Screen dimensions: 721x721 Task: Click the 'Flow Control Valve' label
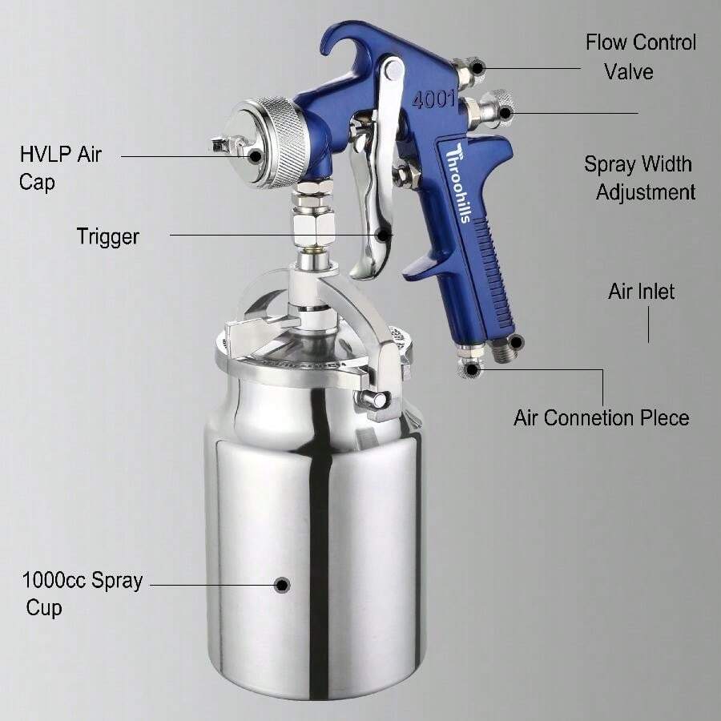(640, 57)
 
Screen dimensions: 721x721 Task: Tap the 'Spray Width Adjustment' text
(638, 178)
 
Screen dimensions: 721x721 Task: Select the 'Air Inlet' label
(641, 291)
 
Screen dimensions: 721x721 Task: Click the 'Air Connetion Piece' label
(601, 417)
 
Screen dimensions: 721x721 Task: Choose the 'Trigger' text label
(107, 236)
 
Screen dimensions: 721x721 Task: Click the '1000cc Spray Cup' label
(82, 594)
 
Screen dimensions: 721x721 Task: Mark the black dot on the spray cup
(281, 586)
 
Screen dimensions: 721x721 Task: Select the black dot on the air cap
(255, 155)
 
